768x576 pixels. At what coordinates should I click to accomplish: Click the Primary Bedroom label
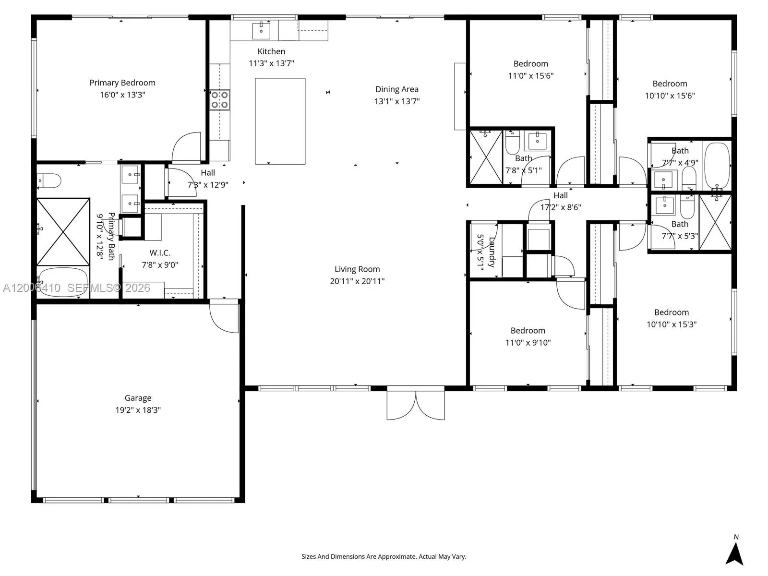(122, 83)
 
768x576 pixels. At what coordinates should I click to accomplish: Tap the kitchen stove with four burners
(219, 100)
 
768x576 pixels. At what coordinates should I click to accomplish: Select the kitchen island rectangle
(280, 121)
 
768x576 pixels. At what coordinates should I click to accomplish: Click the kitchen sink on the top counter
(261, 30)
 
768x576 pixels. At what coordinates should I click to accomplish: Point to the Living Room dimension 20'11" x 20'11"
(357, 281)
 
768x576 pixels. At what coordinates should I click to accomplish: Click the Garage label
(138, 398)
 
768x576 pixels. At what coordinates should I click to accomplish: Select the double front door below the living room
(416, 405)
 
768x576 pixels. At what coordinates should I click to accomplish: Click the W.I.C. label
(159, 252)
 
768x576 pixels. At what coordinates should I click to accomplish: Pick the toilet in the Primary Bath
(49, 181)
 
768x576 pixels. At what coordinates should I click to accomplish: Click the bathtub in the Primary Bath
(63, 282)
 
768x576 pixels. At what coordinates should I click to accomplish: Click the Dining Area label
(396, 89)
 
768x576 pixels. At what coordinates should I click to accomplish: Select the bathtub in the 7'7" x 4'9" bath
(717, 166)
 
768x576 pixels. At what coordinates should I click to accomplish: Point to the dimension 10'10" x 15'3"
(672, 324)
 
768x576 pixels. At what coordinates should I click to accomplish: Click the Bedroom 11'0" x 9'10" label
(528, 331)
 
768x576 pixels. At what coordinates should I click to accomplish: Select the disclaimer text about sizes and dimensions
(384, 557)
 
